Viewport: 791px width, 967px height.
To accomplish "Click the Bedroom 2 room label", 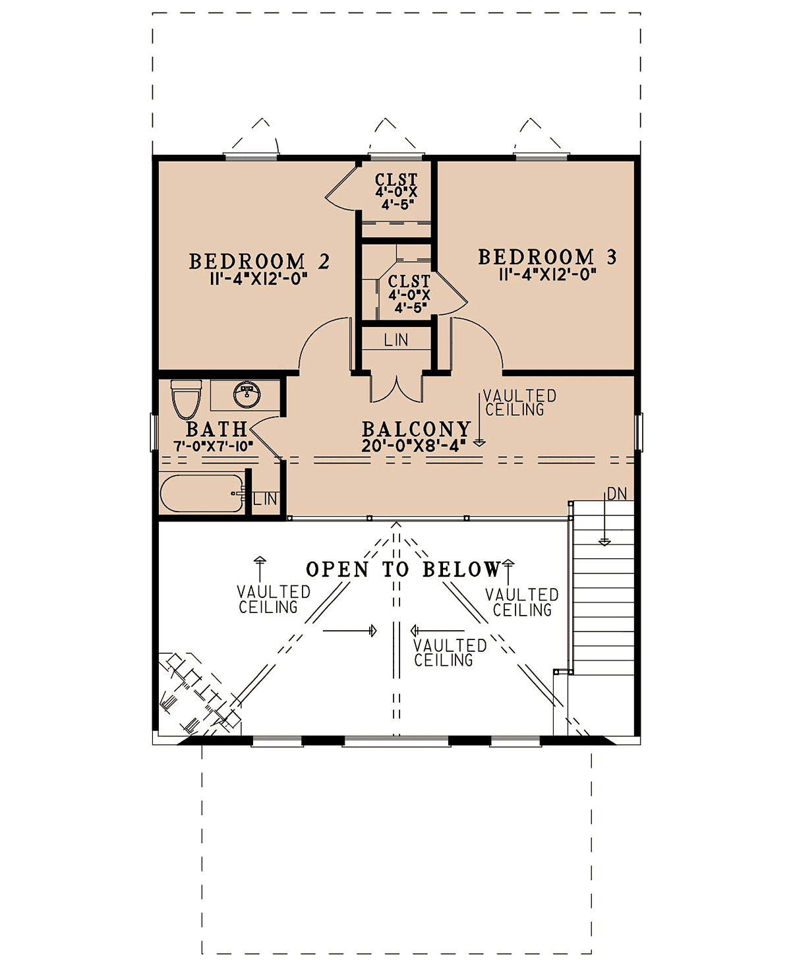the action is click(x=259, y=262).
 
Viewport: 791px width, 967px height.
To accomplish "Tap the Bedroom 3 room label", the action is click(x=548, y=257).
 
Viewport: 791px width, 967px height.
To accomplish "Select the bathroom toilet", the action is click(x=186, y=399).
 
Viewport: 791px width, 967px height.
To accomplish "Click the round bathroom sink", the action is click(x=247, y=394).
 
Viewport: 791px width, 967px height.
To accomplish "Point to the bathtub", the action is click(x=202, y=493).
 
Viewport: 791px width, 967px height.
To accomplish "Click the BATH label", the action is click(x=217, y=430).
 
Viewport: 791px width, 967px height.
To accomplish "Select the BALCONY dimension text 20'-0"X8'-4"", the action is click(x=413, y=445).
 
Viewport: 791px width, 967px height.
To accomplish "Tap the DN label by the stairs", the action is click(x=617, y=494).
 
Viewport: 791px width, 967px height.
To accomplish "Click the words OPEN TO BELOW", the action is click(x=403, y=569).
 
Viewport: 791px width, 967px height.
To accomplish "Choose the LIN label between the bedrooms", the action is click(x=396, y=339).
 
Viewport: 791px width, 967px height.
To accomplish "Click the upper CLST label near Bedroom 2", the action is click(x=396, y=179).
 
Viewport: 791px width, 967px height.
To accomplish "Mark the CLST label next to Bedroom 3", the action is click(x=409, y=281).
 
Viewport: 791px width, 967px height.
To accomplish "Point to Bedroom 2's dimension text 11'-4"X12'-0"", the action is click(x=258, y=279).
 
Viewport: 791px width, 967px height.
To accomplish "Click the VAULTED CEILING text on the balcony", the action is click(x=520, y=403).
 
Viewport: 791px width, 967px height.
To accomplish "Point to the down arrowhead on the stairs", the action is click(x=605, y=542).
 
